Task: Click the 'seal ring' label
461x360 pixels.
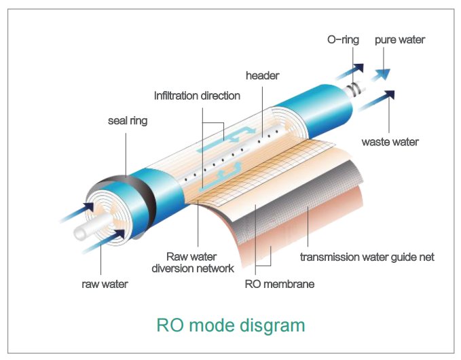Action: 128,121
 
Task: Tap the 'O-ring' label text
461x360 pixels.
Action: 343,39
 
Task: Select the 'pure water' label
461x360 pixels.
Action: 400,40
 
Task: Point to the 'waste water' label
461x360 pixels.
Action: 390,142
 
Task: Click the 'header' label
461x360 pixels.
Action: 262,75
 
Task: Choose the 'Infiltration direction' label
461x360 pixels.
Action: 197,96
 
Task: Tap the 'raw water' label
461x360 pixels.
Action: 105,284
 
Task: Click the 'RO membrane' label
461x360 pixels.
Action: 280,284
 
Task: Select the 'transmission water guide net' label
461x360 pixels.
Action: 367,257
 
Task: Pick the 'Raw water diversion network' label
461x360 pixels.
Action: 193,262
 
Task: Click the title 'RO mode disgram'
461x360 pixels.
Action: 231,325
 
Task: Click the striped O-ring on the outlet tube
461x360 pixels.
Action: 354,88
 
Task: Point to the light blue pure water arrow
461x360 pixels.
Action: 382,75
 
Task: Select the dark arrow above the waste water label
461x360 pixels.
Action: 377,101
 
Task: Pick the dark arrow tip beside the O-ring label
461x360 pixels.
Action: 359,68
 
